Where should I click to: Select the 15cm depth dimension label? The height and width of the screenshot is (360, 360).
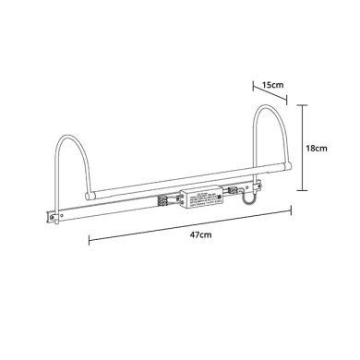point(271,85)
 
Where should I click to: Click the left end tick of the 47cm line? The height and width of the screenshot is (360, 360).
point(90,244)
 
